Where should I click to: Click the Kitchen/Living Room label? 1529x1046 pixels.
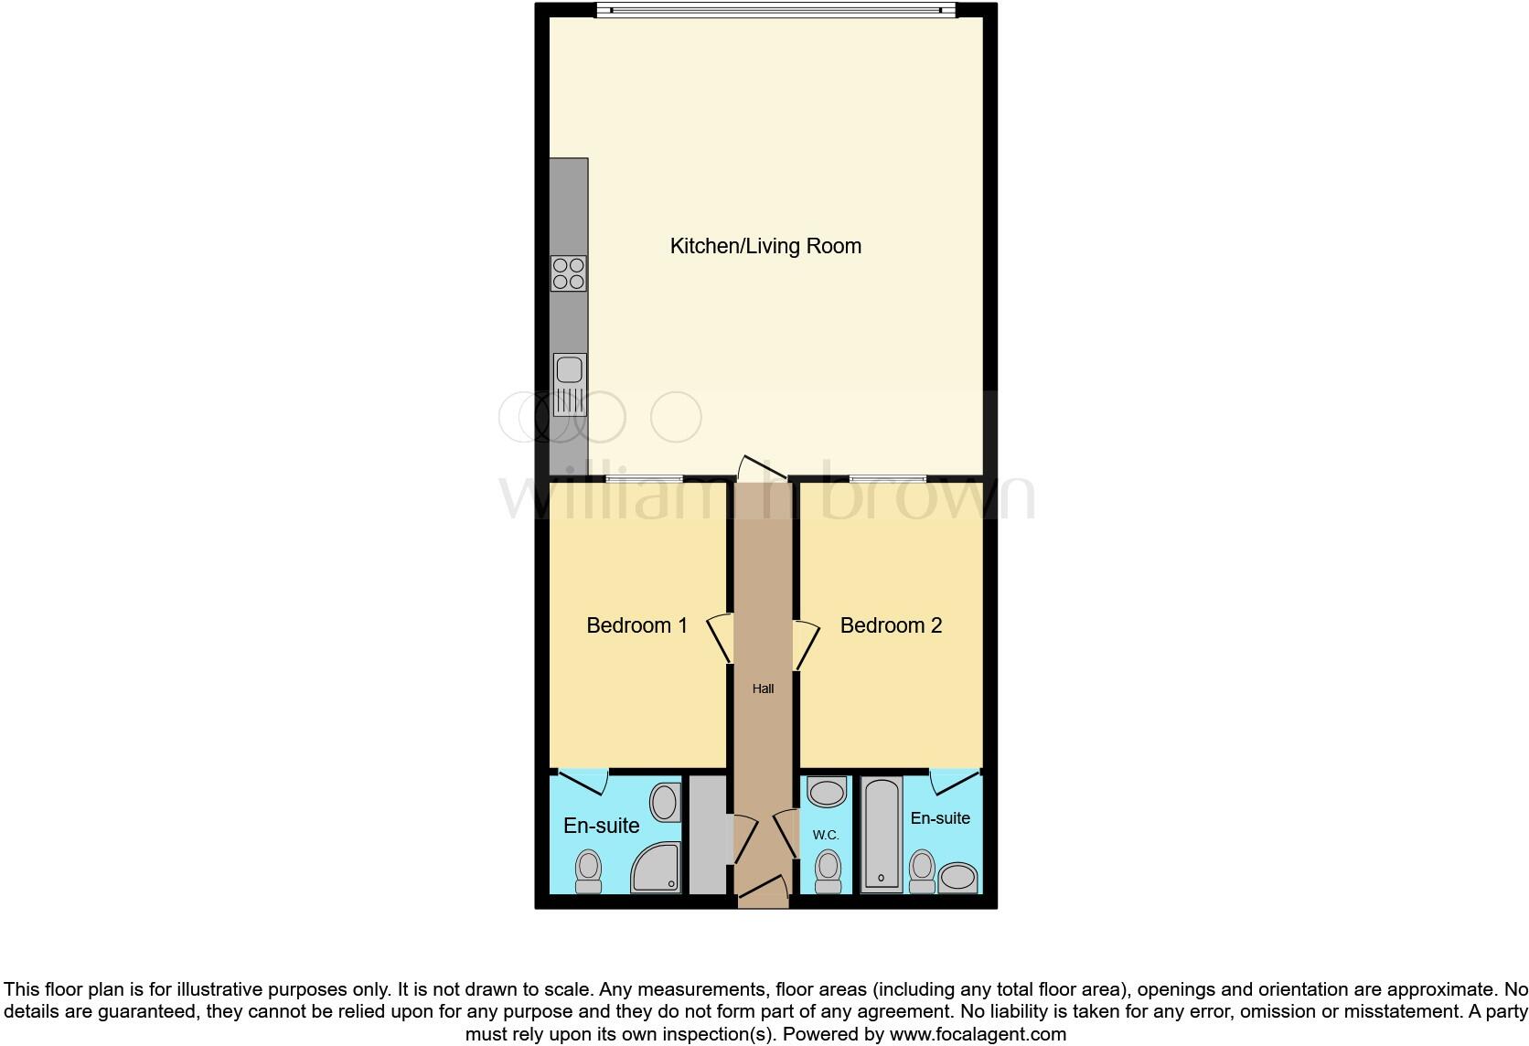tap(765, 246)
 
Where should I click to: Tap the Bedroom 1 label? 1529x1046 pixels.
tap(636, 625)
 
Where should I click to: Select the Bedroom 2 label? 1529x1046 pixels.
tap(891, 625)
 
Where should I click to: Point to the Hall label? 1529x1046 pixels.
tap(763, 688)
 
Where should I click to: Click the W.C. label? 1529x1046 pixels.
tap(826, 835)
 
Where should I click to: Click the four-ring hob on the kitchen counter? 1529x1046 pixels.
tap(569, 273)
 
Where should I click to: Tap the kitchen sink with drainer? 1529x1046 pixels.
tap(570, 384)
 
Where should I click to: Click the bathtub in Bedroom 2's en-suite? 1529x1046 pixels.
tap(882, 835)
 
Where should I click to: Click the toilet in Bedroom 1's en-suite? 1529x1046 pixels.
tap(588, 870)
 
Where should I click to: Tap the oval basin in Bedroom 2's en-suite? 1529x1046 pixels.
tap(957, 878)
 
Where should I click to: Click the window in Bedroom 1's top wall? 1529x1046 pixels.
tap(644, 478)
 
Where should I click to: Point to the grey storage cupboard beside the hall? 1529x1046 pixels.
tap(707, 835)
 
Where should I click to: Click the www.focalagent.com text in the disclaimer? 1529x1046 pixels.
tap(978, 1034)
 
